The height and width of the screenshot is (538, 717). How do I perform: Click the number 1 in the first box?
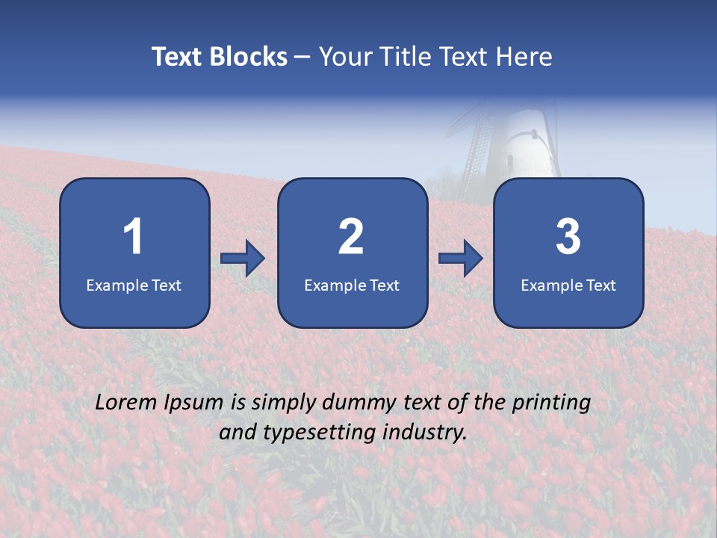(x=134, y=237)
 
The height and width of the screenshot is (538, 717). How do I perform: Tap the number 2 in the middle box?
(x=351, y=237)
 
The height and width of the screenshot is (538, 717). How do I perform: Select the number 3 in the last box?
(x=568, y=237)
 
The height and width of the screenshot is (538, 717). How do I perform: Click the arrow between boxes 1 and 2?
(x=243, y=259)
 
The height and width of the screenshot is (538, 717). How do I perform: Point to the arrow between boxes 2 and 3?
(x=461, y=259)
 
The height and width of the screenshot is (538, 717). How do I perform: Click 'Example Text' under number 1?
(x=134, y=285)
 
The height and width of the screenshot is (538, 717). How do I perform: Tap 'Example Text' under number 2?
(x=352, y=285)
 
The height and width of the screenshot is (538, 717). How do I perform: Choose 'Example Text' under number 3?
(x=568, y=285)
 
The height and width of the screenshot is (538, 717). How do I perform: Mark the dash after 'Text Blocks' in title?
(x=302, y=58)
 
